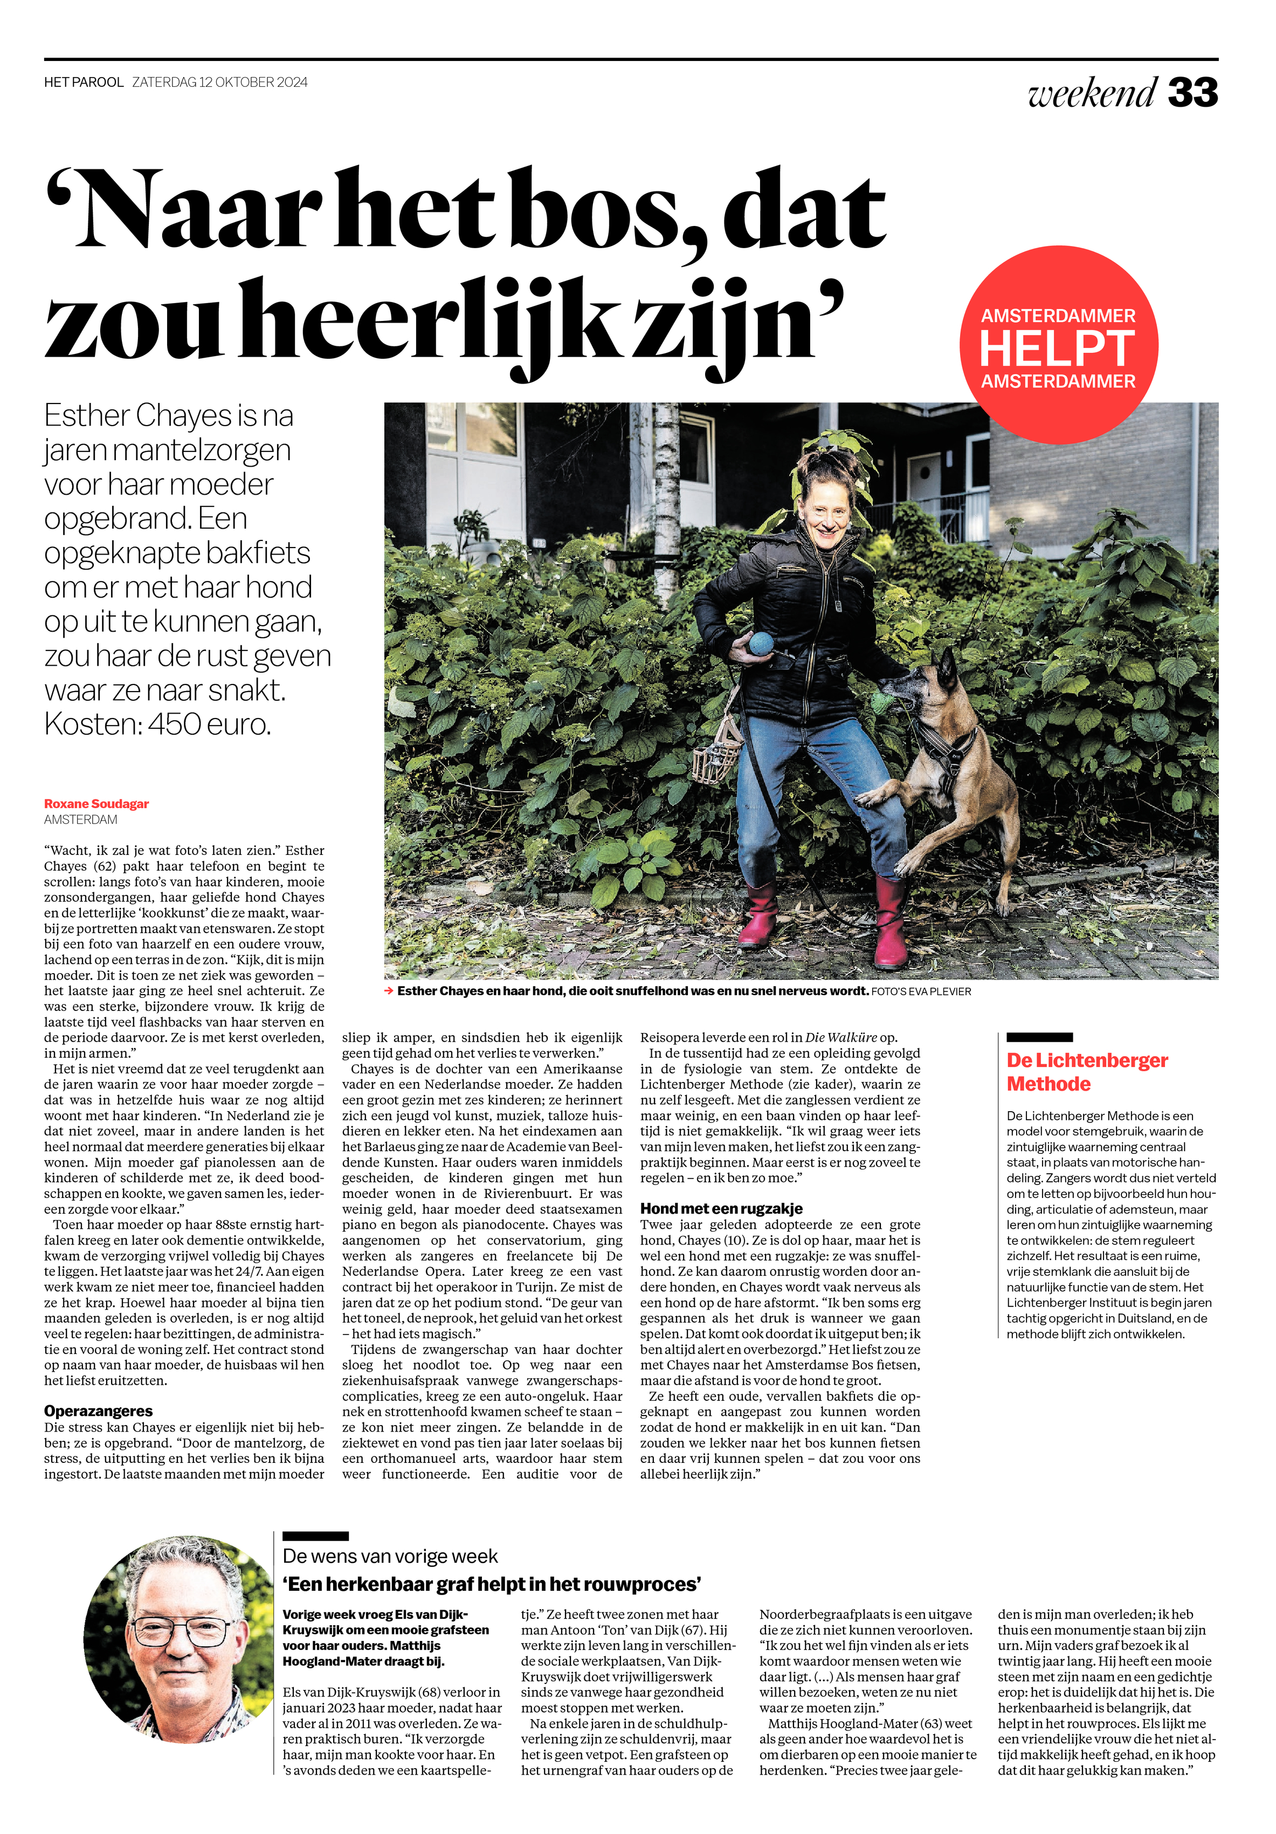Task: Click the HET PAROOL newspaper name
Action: [84, 83]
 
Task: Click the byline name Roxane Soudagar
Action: [96, 804]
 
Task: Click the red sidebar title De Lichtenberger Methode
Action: [1086, 1072]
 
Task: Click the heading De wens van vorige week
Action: [390, 1556]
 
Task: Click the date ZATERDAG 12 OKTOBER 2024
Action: [219, 83]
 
